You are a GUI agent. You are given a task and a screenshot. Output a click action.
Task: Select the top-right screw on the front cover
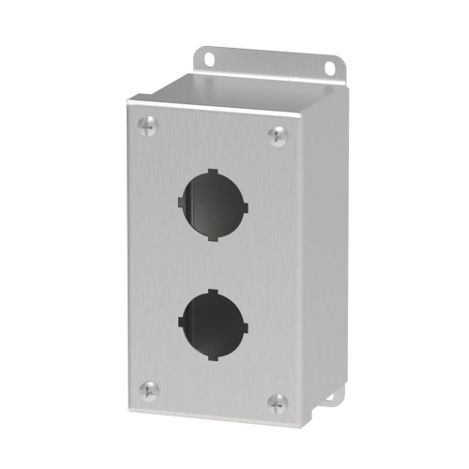coord(277,136)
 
